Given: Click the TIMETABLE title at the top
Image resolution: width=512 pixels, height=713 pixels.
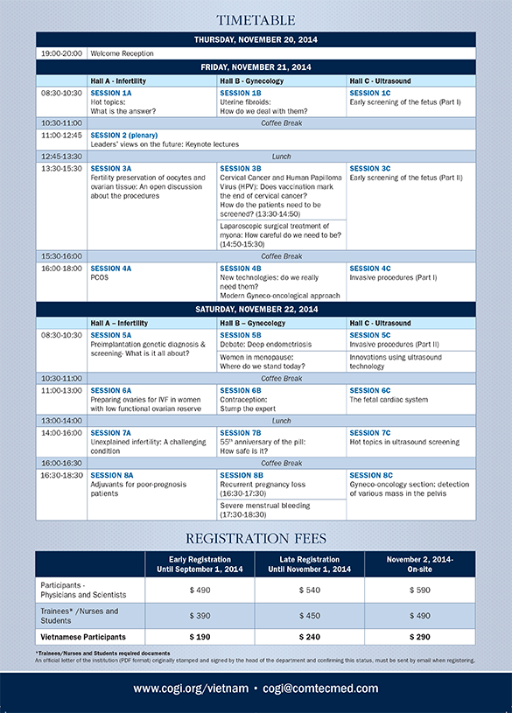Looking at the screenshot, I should [256, 19].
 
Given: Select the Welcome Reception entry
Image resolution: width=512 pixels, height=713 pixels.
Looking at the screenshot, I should [122, 53].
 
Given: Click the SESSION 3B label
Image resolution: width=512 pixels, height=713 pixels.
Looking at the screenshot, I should [241, 168].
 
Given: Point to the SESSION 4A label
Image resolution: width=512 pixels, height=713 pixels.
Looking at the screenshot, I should [111, 268].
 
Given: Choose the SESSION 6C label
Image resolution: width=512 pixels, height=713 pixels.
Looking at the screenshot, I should [370, 389].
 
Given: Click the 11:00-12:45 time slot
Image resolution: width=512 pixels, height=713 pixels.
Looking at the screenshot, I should [61, 135].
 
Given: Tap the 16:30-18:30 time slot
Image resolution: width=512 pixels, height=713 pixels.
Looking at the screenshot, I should [61, 475].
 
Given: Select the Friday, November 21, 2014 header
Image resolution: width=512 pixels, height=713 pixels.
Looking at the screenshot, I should [256, 67].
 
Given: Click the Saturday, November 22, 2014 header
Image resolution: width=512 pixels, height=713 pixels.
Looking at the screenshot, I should [256, 310].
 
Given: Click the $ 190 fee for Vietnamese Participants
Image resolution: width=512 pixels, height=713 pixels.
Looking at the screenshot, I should [200, 636].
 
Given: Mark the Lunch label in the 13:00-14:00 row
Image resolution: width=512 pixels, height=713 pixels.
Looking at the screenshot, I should [282, 421].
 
